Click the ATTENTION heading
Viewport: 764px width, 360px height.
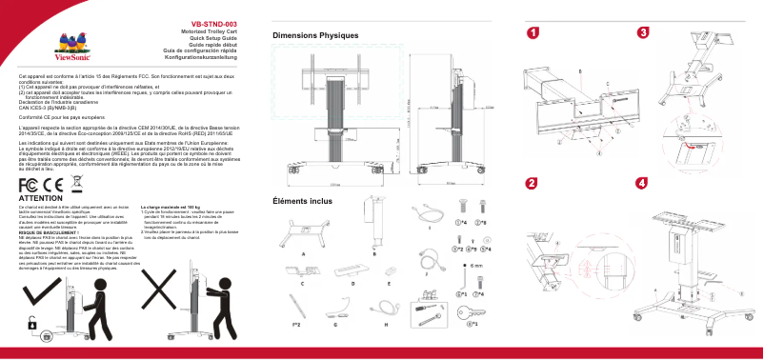pos(40,197)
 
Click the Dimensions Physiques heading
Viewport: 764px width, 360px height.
pos(314,35)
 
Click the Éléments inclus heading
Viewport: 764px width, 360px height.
pos(302,201)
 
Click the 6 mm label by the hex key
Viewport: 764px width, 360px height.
pos(476,267)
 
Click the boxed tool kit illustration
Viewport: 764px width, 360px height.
pos(423,310)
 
